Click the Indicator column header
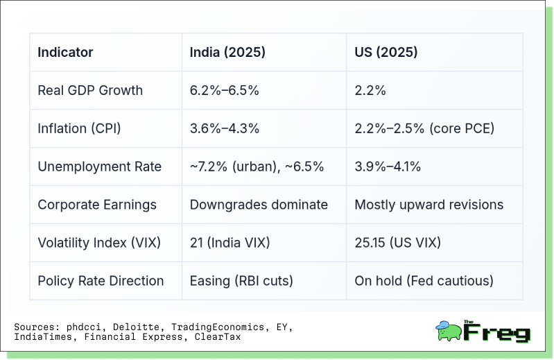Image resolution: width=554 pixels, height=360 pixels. pos(65,52)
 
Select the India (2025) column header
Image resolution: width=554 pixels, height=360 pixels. pos(227,52)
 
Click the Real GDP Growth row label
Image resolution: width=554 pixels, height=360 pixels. pos(90,90)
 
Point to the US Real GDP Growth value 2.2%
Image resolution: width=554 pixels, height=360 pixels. pos(370,90)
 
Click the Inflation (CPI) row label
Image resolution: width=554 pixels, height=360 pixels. pos(83,128)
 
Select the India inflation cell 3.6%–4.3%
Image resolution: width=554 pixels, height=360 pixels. pos(225,128)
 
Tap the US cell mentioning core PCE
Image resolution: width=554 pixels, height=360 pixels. pos(424,128)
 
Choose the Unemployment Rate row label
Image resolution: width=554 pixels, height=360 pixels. pos(99,166)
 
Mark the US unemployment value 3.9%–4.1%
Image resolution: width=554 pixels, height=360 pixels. pos(388,166)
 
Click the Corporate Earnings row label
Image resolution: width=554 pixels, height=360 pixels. pos(97,205)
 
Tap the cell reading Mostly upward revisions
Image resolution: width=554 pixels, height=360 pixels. pos(429,205)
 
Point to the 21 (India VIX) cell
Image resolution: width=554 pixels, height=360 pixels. pos(229,243)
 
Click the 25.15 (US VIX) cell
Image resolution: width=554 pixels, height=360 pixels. pos(397,243)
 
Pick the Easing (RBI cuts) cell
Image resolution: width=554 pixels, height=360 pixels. pos(241,281)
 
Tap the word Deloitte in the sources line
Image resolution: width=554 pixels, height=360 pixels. pos(130,327)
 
